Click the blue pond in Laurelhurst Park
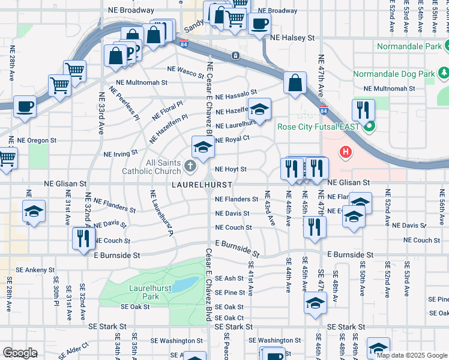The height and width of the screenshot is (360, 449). (x=187, y=283)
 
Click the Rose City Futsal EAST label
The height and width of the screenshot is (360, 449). (x=318, y=127)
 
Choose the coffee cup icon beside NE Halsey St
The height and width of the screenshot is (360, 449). (x=259, y=25)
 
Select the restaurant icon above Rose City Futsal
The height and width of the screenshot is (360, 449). (x=364, y=110)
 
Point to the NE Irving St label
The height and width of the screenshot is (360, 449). (x=121, y=154)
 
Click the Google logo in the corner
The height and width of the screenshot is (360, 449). (x=19, y=353)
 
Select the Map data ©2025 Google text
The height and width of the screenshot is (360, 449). (x=411, y=355)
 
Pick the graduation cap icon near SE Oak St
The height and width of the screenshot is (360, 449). (x=315, y=303)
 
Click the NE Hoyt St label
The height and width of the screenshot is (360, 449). (x=231, y=170)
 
